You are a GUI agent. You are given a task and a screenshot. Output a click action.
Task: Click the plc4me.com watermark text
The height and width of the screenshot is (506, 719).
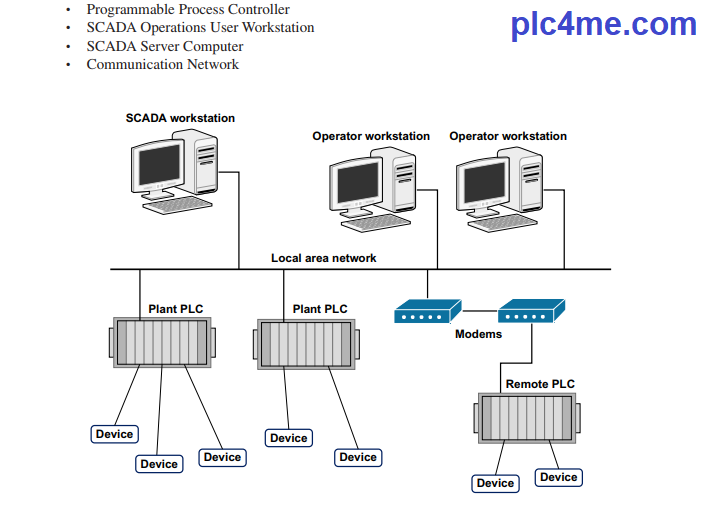tap(603, 24)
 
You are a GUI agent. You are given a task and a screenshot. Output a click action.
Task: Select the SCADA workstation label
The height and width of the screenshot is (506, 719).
tap(180, 118)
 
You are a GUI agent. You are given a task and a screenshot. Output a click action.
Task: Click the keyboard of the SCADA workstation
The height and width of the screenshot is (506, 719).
tap(178, 204)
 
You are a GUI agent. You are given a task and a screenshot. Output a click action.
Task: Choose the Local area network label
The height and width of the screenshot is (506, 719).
tap(324, 258)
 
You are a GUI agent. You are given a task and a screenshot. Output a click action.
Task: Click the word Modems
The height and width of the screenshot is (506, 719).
tap(478, 334)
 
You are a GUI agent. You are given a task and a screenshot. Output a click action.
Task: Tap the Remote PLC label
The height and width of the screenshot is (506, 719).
tap(540, 384)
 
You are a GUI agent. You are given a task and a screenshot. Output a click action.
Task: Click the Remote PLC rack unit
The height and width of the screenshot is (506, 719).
tap(527, 418)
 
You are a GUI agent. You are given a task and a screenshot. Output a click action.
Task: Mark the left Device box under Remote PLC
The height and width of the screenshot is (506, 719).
tap(495, 483)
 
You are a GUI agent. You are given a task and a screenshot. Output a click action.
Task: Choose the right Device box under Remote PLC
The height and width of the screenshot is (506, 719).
tap(558, 477)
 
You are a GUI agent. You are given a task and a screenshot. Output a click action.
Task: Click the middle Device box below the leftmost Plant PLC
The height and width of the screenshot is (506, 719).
tap(159, 464)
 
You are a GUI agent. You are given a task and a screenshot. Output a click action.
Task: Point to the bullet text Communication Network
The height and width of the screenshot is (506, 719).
tap(163, 65)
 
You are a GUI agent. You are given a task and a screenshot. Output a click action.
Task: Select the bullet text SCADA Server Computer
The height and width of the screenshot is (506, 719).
tap(165, 46)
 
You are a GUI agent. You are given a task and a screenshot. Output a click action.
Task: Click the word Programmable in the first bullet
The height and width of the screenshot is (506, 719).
tap(127, 9)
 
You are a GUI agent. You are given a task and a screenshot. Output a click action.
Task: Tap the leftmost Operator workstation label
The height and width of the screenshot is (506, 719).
tap(371, 136)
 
